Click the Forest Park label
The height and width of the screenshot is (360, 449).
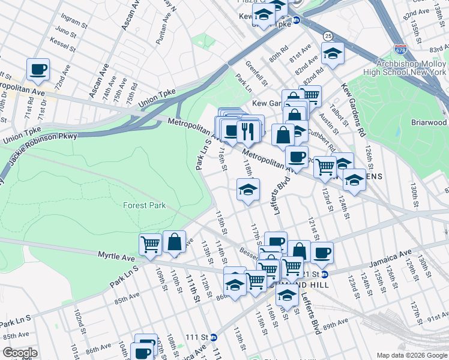point(144,205)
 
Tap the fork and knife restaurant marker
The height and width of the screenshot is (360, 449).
point(248,130)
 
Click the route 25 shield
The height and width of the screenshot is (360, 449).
point(327,37)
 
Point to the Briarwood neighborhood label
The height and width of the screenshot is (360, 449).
point(429,122)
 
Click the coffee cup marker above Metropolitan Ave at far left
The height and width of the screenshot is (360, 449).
point(38,70)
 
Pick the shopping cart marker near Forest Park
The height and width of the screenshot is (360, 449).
point(150,244)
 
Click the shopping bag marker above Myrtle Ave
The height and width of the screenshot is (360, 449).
point(174,242)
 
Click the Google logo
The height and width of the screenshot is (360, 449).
point(20,353)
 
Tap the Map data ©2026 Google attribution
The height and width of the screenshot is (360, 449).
point(412,355)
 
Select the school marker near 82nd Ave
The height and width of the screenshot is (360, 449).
point(333,53)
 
